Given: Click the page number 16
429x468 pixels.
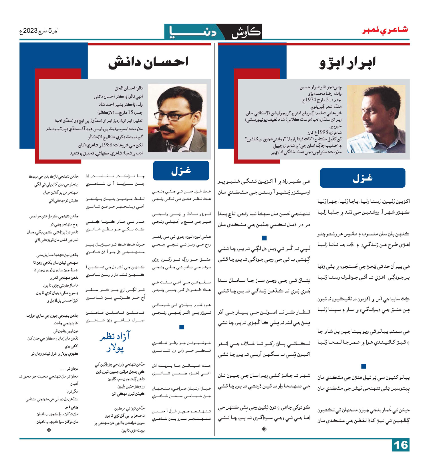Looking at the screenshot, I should click(x=400, y=445).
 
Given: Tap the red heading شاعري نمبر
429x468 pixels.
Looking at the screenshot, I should click(x=385, y=30).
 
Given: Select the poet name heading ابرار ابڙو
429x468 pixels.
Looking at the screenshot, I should click(x=347, y=63).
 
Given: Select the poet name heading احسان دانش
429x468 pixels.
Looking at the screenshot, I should click(x=148, y=62).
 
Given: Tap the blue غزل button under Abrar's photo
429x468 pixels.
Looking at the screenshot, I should click(x=362, y=178).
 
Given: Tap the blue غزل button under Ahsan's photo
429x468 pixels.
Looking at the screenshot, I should click(x=181, y=171).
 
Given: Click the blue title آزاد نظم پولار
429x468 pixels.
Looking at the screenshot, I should click(x=115, y=342).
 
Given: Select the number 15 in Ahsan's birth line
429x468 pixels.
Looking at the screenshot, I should click(x=130, y=112).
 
